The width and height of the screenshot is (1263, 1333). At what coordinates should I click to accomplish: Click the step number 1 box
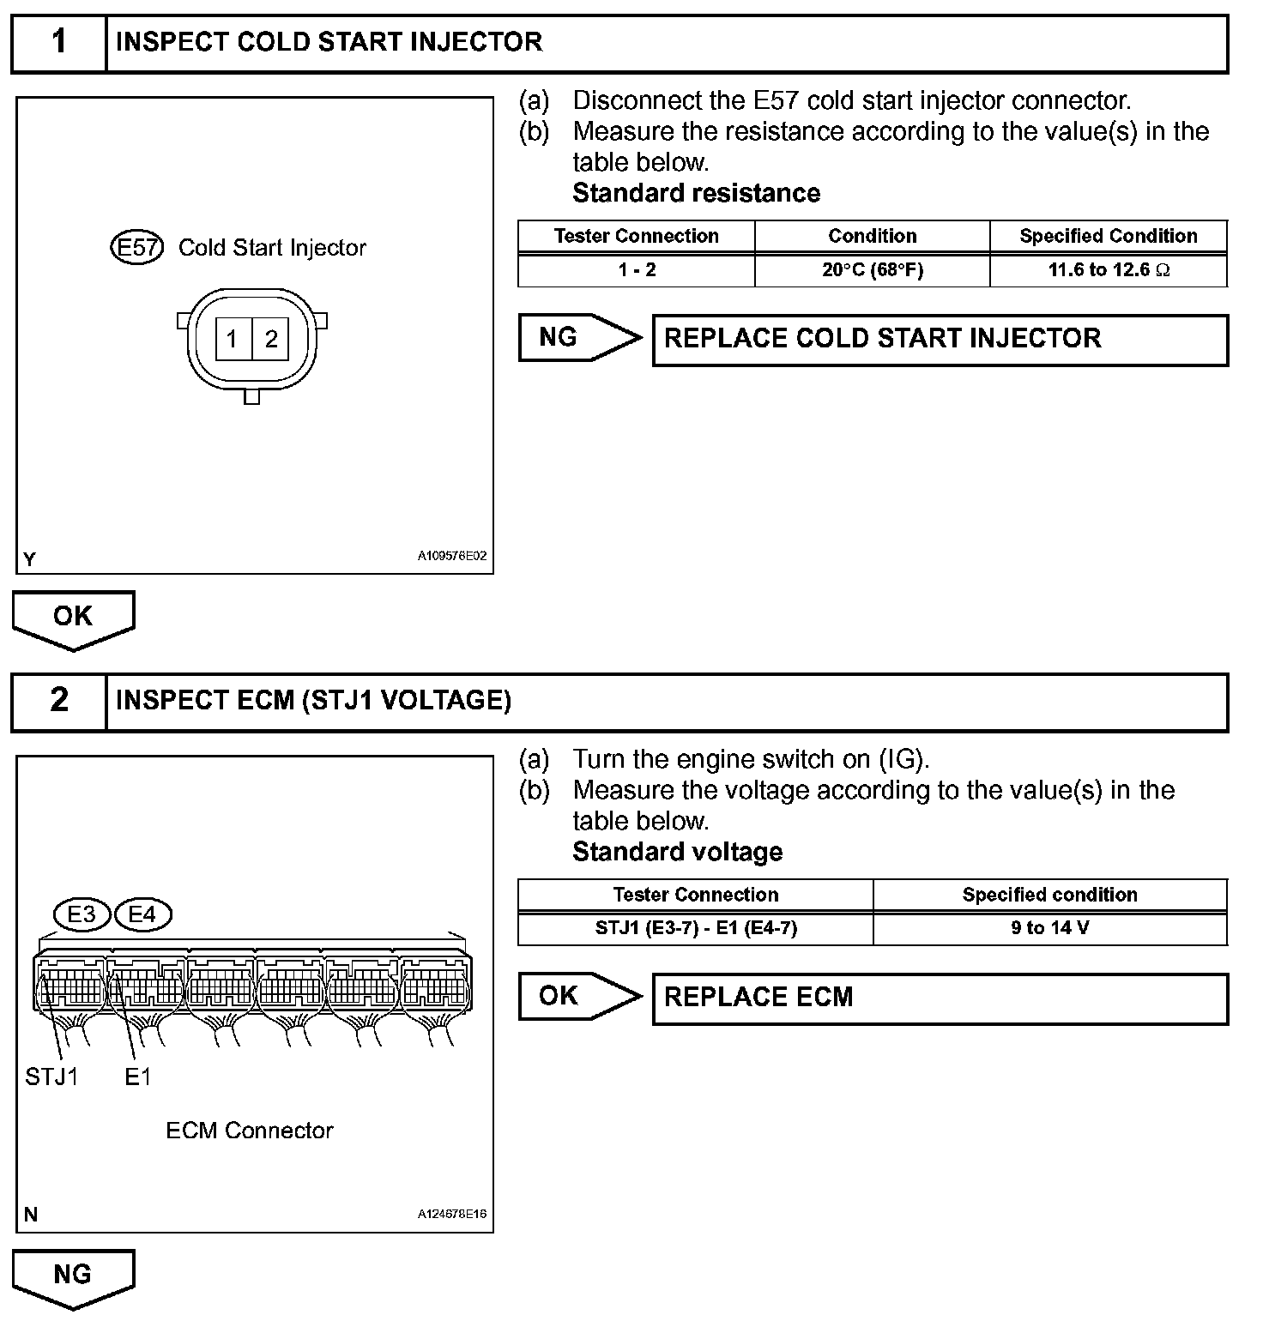pos(58,42)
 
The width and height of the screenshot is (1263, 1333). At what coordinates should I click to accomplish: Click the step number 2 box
pos(58,701)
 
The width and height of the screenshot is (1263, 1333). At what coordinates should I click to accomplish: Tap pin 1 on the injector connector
pos(232,340)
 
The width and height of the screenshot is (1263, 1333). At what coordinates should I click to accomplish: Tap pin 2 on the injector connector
pos(271,340)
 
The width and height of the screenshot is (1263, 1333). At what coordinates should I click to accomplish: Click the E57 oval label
pos(136,248)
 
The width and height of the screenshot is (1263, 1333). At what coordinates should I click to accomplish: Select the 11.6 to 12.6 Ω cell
pos(1109,270)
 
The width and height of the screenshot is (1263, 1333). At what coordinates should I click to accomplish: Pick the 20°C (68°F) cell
pos(872,270)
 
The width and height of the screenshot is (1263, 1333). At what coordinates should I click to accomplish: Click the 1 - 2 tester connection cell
pos(637,270)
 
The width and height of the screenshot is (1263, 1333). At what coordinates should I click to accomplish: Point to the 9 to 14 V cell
pos(1050,928)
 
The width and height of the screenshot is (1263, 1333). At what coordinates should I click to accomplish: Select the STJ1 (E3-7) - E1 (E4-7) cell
pos(696,928)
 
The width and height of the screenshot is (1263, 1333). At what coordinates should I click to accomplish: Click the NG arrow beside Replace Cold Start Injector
pos(579,338)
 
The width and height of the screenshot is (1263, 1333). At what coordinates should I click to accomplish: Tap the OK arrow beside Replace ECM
pos(579,997)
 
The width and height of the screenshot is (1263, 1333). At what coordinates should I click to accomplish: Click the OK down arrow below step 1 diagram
pos(74,618)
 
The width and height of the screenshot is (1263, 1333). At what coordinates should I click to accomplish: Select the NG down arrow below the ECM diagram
pos(74,1276)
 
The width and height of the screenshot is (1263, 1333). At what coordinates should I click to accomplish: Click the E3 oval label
pos(82,914)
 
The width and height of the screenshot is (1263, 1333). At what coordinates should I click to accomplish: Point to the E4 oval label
pos(142,914)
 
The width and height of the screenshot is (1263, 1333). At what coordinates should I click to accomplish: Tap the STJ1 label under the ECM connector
pos(51,1077)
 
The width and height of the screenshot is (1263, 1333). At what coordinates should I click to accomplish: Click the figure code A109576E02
pos(452,556)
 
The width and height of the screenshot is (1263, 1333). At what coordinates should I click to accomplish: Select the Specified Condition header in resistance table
pos(1109,236)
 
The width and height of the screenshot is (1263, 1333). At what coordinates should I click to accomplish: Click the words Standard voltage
pos(678,852)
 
